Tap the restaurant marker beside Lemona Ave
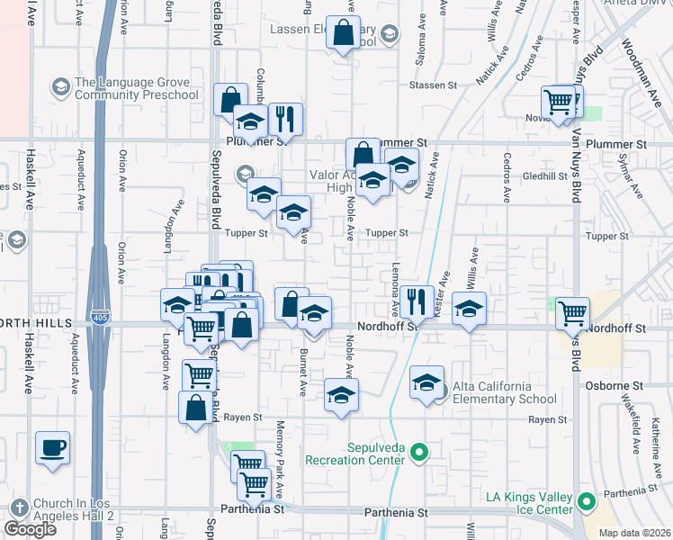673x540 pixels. coord(415,301)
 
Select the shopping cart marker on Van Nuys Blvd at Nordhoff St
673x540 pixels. coord(573,313)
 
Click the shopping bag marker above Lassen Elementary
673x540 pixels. coord(344,33)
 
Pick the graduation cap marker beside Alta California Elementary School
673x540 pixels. coord(427,382)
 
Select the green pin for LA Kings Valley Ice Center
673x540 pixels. coord(588,502)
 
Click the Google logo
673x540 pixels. coord(31,529)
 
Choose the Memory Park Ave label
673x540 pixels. coord(280,459)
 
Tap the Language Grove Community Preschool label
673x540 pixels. coord(137,88)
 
